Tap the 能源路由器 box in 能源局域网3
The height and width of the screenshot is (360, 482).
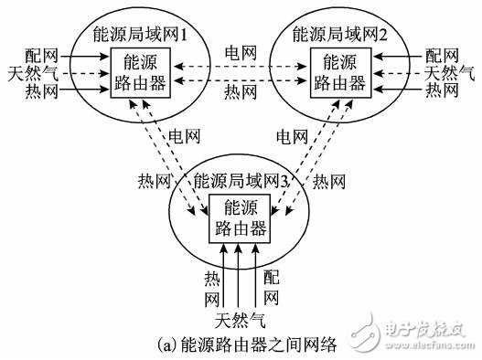tap(237, 217)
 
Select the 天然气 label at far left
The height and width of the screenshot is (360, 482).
tap(27, 71)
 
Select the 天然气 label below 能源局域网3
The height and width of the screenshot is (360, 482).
tap(240, 320)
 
